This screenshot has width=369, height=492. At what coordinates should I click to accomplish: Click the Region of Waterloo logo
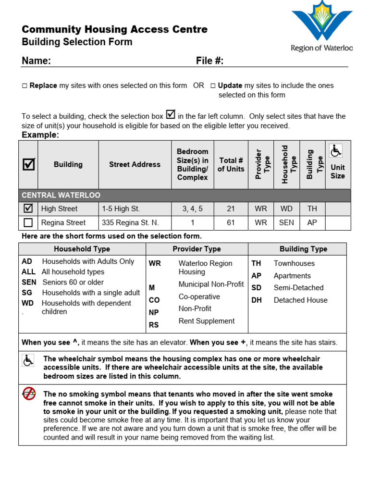coord(321,26)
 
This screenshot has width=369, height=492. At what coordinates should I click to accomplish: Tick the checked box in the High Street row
coord(28,209)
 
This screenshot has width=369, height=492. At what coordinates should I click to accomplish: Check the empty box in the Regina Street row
coord(28,222)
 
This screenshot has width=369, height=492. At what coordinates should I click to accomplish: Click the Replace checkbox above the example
coord(25,86)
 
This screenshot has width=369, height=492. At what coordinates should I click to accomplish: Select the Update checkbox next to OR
coord(213,86)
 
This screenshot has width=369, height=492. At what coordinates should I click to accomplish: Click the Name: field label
coord(36,61)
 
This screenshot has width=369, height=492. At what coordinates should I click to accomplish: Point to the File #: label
coord(209,61)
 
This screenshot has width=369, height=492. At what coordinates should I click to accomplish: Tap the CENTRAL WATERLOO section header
coord(60,196)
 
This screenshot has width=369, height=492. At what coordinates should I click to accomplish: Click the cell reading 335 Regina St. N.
coord(130,222)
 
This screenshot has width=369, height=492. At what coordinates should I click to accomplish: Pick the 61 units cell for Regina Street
coord(231,222)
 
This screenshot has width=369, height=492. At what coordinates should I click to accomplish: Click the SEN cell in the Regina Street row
coord(286,222)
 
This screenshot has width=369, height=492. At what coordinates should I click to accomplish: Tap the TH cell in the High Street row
coord(312,209)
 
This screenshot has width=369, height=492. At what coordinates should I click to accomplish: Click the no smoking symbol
coord(29,394)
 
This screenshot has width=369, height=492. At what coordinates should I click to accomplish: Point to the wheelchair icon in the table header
coord(336,151)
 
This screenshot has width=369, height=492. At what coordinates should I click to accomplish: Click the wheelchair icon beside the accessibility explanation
coord(28,360)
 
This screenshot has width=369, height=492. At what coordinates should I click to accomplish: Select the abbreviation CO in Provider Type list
coord(154,300)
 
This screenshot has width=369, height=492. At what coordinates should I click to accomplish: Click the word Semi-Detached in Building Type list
coord(298,288)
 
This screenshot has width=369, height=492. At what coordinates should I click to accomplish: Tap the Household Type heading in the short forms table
coord(82,249)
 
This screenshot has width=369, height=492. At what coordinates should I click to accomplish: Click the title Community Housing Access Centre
coord(115,29)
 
